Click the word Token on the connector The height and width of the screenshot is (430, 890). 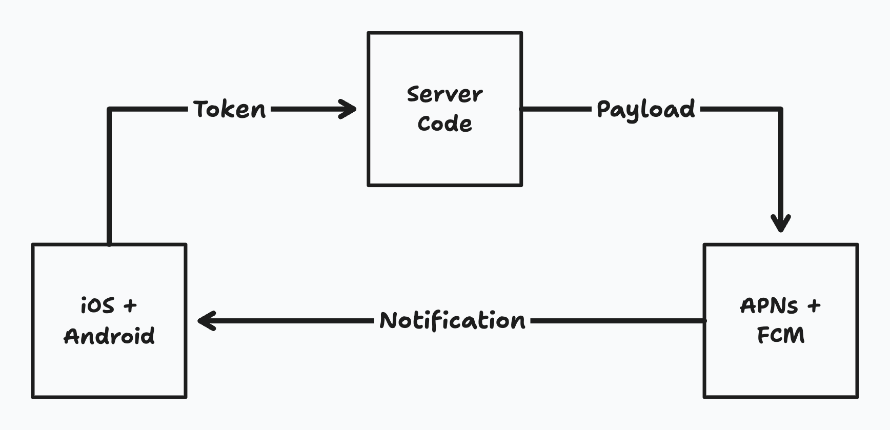230,109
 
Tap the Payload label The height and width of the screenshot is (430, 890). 645,110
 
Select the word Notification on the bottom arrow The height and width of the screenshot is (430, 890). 452,321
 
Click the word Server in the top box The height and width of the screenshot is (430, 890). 444,94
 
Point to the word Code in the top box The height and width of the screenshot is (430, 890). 444,124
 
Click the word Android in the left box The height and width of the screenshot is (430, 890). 109,336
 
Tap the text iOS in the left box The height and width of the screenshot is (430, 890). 97,306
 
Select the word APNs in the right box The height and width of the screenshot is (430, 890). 769,306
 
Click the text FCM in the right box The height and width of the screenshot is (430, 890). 780,336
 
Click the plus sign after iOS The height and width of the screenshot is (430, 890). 130,306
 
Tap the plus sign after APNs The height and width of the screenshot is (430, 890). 814,306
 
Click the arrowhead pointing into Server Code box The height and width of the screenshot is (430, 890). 350,109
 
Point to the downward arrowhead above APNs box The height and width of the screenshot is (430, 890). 781,224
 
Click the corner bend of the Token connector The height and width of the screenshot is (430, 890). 109,109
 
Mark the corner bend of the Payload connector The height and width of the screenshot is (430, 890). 780,109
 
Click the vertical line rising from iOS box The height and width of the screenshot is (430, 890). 109,179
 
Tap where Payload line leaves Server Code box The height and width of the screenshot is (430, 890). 523,109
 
